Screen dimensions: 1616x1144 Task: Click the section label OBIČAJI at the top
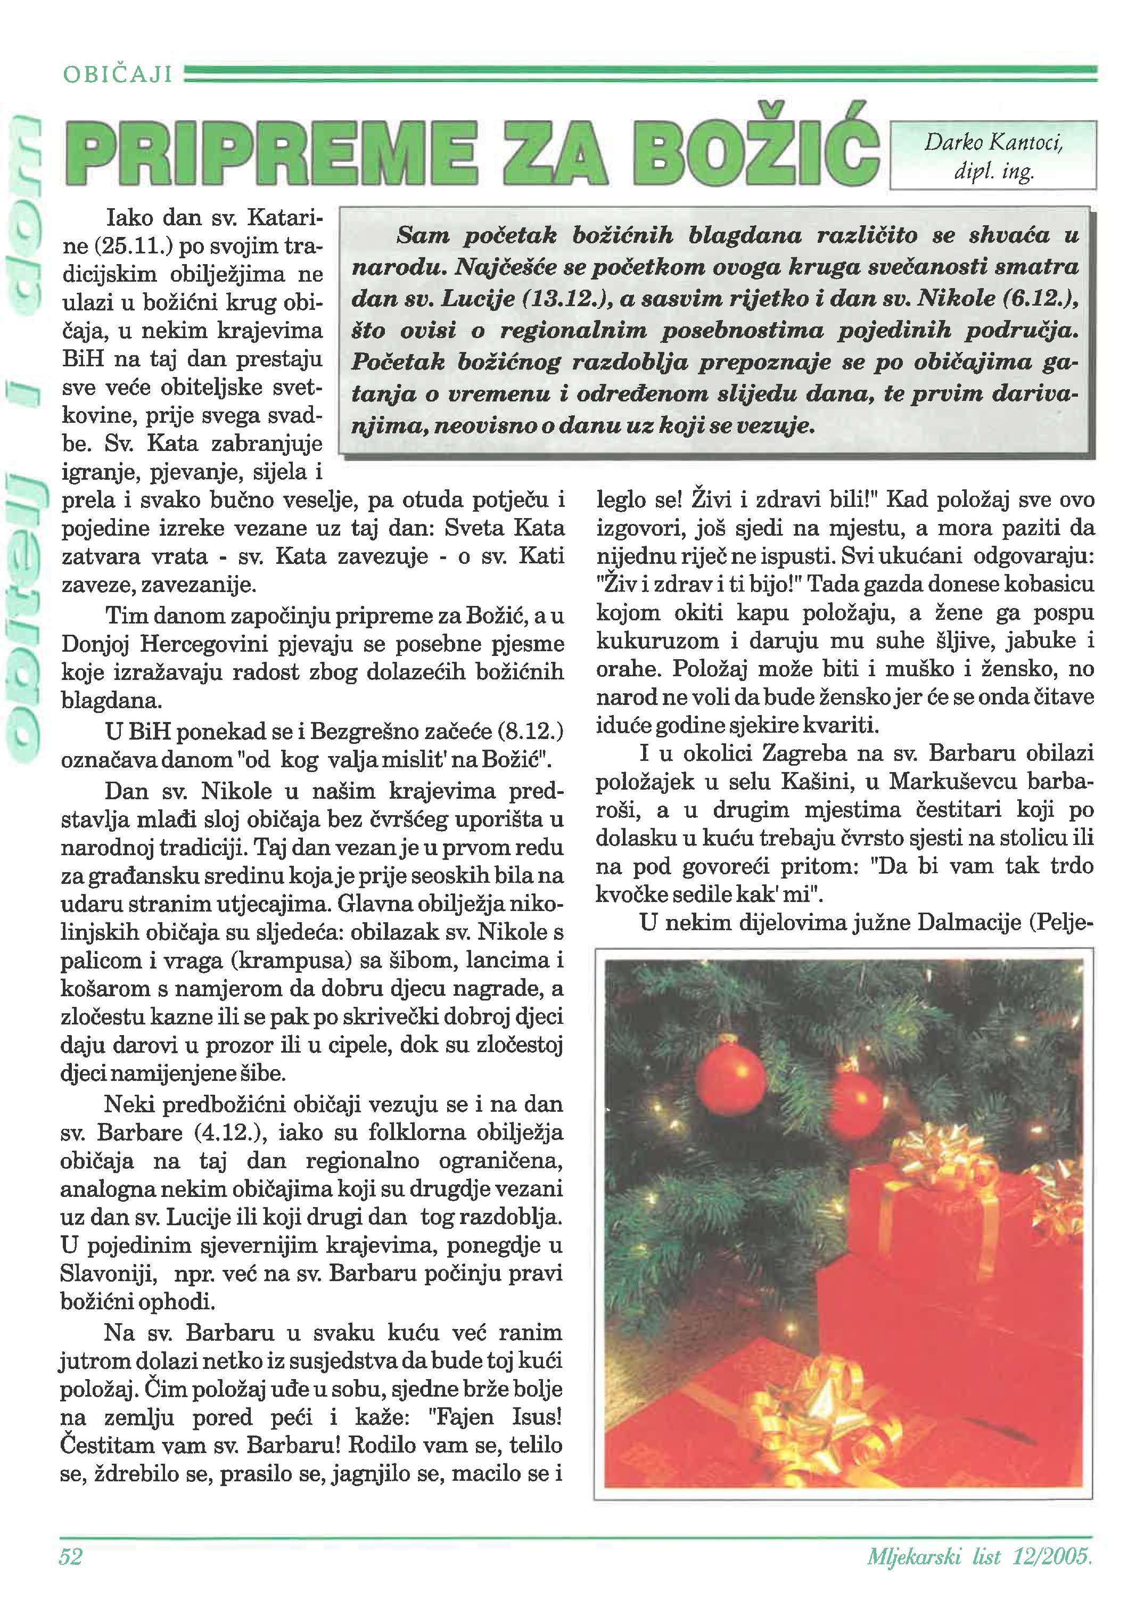pos(118,74)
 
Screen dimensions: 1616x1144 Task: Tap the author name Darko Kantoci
pos(993,143)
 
